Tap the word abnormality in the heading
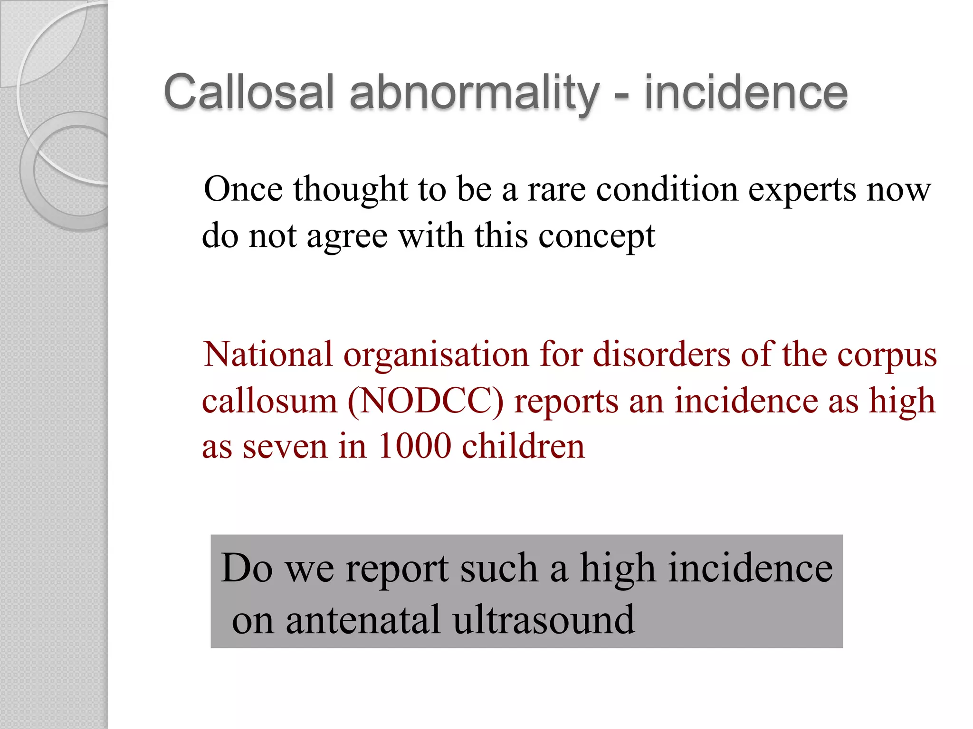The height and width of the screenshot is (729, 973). pyautogui.click(x=474, y=93)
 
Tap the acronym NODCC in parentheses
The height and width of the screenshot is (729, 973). pyautogui.click(x=426, y=402)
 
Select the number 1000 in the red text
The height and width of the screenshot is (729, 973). pyautogui.click(x=414, y=446)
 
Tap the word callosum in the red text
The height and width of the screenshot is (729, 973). pyautogui.click(x=269, y=402)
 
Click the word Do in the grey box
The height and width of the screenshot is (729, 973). pyautogui.click(x=247, y=568)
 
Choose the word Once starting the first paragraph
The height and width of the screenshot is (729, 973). pyautogui.click(x=243, y=189)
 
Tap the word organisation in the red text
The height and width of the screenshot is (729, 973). pyautogui.click(x=436, y=355)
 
